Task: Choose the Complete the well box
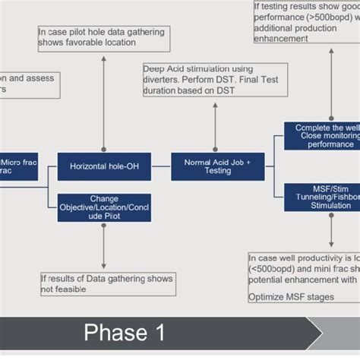coord(322,135)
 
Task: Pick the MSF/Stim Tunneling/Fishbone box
coord(322,196)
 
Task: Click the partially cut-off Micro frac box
coord(18,167)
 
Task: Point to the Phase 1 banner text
coord(125,333)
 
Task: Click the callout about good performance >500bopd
coord(307,21)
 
